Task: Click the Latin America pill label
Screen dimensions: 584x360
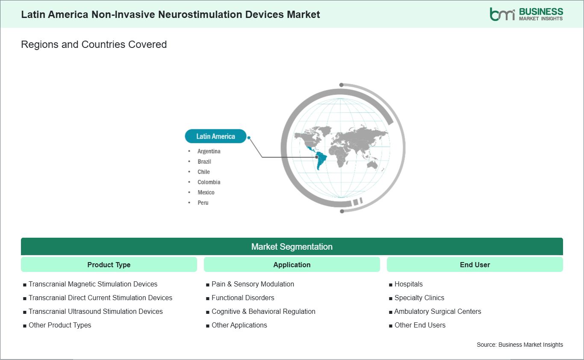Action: pos(215,136)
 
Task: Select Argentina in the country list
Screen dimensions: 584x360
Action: pos(209,151)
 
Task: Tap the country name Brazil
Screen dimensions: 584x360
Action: pos(204,162)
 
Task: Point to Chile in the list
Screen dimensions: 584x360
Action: pos(204,172)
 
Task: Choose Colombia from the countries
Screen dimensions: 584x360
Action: pos(209,182)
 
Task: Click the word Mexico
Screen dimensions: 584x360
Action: pos(206,192)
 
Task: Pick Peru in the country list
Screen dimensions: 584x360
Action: pos(203,203)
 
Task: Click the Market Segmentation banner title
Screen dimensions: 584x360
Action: pos(292,247)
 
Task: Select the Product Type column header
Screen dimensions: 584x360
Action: pos(109,265)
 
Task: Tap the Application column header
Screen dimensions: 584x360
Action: pos(292,265)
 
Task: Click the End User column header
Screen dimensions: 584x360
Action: pos(475,265)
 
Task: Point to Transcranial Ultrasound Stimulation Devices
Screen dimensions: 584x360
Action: pos(95,312)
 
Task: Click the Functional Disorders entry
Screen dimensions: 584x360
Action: pos(243,298)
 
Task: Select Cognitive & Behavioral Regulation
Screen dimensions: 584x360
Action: pos(263,312)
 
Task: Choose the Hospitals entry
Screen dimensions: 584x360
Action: pos(409,284)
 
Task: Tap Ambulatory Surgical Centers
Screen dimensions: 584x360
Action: pos(438,312)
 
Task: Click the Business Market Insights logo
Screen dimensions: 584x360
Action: pos(526,14)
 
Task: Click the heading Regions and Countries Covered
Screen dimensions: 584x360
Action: pos(94,44)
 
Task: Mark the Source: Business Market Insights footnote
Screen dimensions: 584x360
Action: pos(520,345)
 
